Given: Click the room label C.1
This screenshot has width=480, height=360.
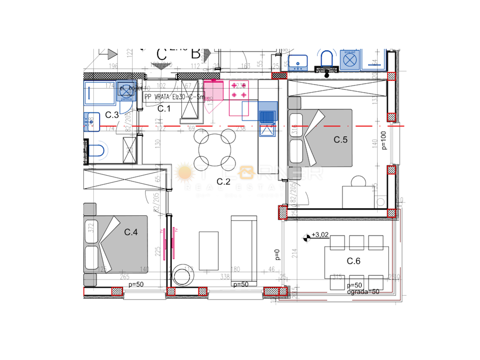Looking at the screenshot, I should [x=164, y=108].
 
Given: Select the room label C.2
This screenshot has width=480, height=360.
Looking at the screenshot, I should [x=224, y=182].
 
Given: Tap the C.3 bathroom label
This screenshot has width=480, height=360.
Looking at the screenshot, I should [x=112, y=115].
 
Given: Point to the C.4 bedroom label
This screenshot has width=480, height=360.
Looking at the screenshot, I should [x=131, y=232].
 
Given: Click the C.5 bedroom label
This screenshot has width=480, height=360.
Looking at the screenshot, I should [x=341, y=140].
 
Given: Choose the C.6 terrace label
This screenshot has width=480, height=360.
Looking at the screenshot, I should [x=354, y=261].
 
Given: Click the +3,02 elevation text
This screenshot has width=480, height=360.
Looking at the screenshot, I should [x=320, y=235].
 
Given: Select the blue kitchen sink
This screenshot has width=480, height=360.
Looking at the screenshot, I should [x=267, y=116].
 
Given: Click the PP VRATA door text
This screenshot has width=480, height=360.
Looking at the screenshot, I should [x=174, y=97].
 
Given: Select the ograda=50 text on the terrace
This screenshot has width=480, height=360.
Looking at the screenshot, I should [x=363, y=292].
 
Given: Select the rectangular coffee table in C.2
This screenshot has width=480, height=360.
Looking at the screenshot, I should [x=209, y=251].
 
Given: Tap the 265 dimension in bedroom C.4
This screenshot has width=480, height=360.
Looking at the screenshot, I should [x=124, y=276].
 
